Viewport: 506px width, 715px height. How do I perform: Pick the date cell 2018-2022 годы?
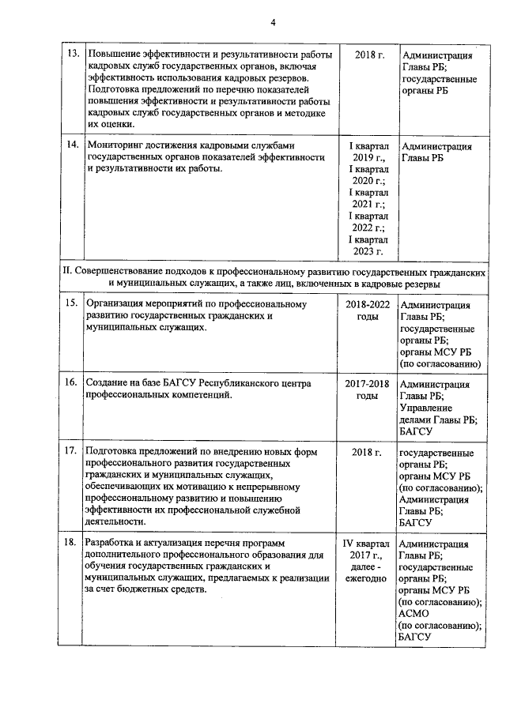[x=368, y=310]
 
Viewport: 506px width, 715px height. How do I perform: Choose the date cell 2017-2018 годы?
[x=368, y=389]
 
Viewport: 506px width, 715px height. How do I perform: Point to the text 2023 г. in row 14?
[x=368, y=251]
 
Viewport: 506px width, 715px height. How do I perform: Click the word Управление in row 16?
[x=428, y=408]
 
